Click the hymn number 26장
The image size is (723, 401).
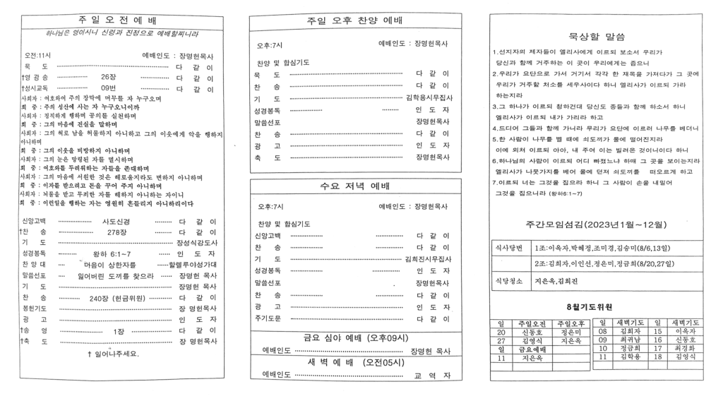(x=109, y=76)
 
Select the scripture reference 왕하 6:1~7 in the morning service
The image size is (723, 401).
(x=112, y=253)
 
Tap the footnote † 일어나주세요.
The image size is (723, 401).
(x=113, y=354)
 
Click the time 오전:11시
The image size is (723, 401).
(x=38, y=54)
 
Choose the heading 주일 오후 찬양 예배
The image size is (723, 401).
(x=355, y=21)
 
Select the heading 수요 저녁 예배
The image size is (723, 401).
(x=355, y=186)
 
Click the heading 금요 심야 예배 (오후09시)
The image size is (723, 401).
(x=355, y=337)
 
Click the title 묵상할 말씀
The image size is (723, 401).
(x=596, y=36)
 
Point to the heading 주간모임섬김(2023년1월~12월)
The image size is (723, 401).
(x=596, y=225)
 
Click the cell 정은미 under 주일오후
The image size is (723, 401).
(x=570, y=330)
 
